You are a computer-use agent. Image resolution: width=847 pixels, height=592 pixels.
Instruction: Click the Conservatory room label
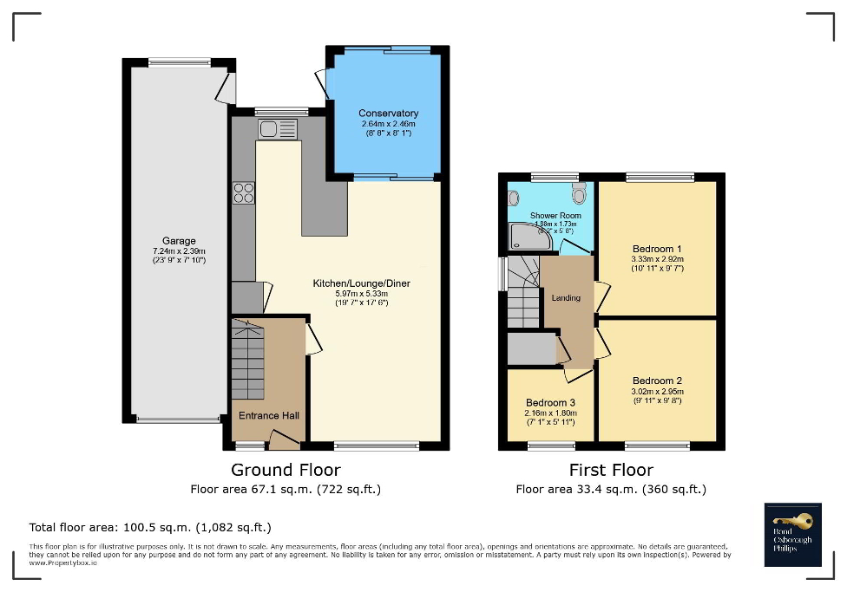[388, 114]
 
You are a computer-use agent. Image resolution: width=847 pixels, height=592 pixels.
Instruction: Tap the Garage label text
[179, 241]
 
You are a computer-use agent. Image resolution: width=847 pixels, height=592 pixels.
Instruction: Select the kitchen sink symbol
[277, 130]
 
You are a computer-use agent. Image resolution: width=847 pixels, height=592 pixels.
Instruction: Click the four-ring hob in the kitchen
[243, 192]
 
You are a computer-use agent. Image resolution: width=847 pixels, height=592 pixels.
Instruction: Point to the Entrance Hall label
[269, 416]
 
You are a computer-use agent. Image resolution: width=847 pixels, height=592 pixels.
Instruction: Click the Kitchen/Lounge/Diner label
[361, 283]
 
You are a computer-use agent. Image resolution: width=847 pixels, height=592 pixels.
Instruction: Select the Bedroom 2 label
[657, 381]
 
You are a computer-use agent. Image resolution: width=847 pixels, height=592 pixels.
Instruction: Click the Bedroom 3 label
[550, 403]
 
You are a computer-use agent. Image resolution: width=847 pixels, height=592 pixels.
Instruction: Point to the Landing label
[566, 297]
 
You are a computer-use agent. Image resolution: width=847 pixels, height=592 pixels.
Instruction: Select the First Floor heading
[611, 470]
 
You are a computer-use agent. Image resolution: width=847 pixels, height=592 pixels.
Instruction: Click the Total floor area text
[150, 527]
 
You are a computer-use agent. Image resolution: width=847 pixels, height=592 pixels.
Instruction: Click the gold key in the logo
[798, 520]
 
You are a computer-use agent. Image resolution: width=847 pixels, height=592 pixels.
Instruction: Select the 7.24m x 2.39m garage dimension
[179, 250]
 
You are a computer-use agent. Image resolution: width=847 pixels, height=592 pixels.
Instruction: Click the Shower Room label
[555, 215]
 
